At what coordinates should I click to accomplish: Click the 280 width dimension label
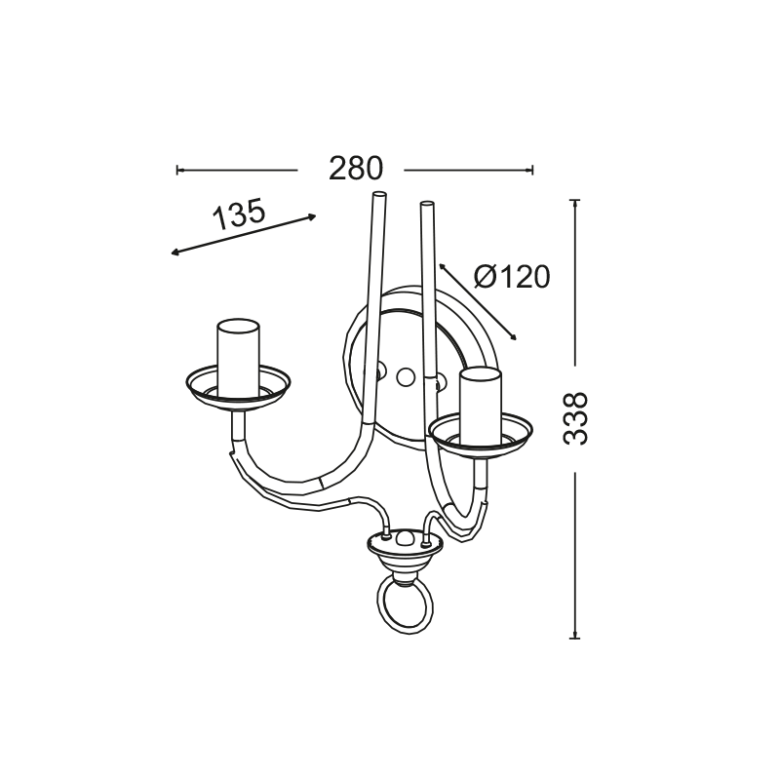356,168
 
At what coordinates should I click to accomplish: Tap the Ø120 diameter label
512,277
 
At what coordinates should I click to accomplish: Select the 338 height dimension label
575,418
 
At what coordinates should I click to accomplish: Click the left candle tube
238,358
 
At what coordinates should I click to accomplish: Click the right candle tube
481,406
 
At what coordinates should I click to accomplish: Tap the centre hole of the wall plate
406,377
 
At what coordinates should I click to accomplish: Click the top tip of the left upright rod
379,193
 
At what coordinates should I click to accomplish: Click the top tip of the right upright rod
427,203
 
